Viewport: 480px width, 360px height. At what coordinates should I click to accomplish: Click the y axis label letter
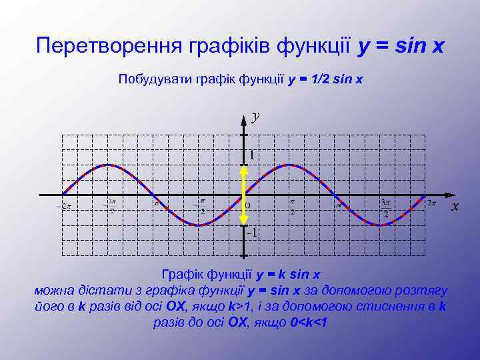[x=256, y=117]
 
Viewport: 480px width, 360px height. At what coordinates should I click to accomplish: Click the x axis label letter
[x=455, y=207]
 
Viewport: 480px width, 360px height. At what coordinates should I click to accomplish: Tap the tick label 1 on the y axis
[x=251, y=155]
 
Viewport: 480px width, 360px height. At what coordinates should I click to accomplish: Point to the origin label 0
[x=247, y=205]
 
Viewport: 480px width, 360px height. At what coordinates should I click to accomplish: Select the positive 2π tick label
[x=432, y=203]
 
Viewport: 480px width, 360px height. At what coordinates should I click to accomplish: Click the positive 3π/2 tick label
[x=385, y=207]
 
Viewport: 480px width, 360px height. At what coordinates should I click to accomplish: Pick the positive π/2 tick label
[x=292, y=206]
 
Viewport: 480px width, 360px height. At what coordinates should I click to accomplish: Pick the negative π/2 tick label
[x=201, y=206]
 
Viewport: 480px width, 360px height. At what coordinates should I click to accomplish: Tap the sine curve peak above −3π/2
[x=107, y=164]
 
